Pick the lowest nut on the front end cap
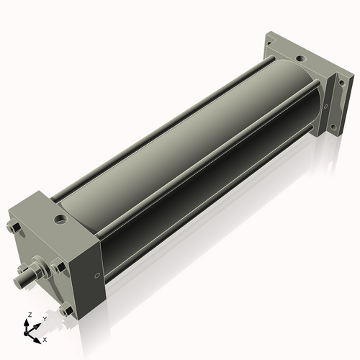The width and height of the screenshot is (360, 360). pos(66,310)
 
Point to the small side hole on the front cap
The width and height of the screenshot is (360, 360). pos(97,274)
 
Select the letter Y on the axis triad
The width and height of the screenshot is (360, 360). pos(44,318)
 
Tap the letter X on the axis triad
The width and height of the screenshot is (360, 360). pos(45,338)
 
